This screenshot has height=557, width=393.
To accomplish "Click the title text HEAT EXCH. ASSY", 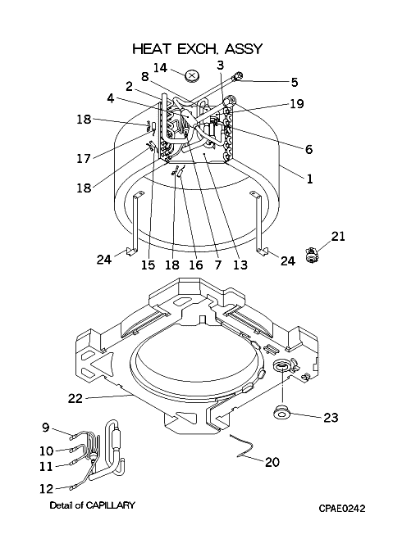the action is click(198, 48).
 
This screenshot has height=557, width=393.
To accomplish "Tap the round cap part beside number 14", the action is click(193, 75).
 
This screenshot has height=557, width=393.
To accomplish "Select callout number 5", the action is click(295, 82).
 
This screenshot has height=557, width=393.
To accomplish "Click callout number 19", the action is click(297, 104).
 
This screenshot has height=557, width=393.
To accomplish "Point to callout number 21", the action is click(338, 236).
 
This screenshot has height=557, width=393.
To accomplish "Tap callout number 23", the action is click(331, 418).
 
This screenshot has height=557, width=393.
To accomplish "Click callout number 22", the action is click(75, 399).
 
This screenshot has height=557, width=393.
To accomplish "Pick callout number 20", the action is click(272, 462).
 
